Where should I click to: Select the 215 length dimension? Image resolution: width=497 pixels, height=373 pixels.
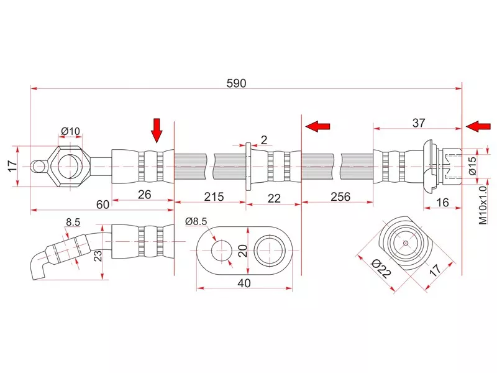tap(213, 196)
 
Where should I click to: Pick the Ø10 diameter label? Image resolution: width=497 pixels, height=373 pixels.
tap(70, 131)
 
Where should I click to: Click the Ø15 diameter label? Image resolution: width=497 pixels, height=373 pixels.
tap(472, 165)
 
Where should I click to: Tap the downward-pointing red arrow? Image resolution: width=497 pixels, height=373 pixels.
tap(157, 130)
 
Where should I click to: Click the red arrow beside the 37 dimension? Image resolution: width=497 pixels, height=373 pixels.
tap(477, 127)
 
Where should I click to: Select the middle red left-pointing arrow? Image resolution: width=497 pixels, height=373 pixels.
tap(317, 127)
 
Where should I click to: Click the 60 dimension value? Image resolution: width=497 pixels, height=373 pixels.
tap(103, 204)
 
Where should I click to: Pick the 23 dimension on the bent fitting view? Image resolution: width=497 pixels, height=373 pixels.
tap(98, 257)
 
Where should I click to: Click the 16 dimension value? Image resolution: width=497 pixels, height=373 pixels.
tap(444, 203)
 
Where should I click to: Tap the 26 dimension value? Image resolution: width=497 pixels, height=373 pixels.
tap(144, 195)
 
